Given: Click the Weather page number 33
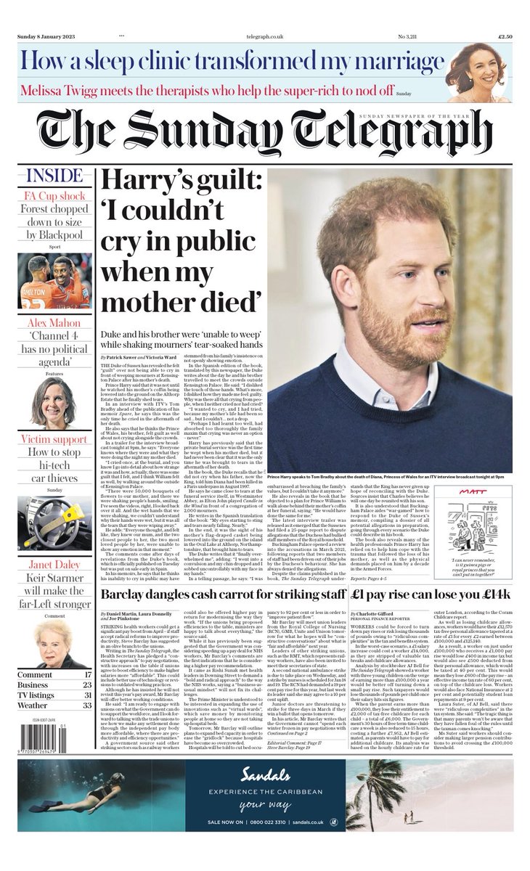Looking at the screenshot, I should pyautogui.click(x=87, y=705).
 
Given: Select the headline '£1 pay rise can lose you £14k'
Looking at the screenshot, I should pyautogui.click(x=431, y=594).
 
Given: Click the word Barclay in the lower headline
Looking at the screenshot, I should pyautogui.click(x=130, y=594).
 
